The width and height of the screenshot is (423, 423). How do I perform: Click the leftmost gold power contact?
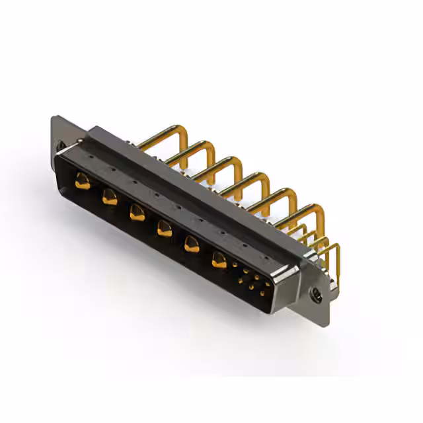point(82,179)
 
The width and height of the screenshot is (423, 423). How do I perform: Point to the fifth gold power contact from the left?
point(191,244)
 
